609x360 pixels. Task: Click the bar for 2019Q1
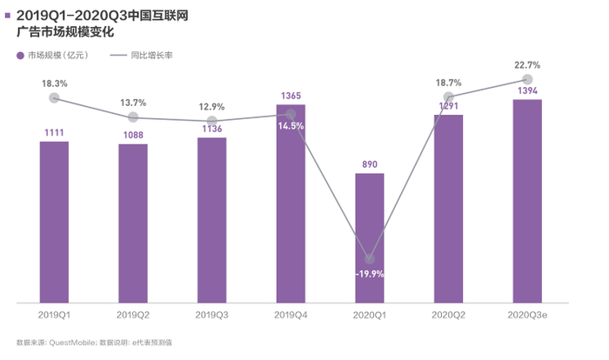54,222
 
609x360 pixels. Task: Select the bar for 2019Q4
291,204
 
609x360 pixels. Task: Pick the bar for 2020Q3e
527,201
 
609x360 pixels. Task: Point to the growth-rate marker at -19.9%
370,259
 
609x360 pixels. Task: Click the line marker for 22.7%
527,79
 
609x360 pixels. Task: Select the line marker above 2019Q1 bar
54,98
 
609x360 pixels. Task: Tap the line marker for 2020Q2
449,97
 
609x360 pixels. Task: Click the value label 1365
291,97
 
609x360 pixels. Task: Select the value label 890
369,163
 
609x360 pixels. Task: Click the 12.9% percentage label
211,106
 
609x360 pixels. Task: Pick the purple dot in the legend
20,56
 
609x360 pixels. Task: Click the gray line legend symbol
119,56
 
